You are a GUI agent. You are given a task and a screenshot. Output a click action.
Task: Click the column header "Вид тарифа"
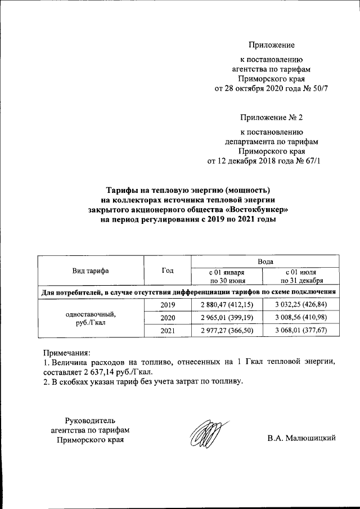coord(91,271)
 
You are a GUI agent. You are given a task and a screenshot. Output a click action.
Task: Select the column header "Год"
coord(167,271)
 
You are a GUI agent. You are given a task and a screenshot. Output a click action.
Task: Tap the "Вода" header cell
coord(265,262)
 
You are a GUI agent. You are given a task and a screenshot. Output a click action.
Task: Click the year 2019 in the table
coord(167,305)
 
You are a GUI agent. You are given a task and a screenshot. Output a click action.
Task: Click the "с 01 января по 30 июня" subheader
coord(227,276)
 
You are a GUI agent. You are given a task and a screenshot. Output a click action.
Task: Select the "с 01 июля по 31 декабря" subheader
coord(304,276)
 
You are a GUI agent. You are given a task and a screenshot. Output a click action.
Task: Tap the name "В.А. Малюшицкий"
coord(301,438)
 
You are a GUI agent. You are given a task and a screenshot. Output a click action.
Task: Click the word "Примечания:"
coord(67,353)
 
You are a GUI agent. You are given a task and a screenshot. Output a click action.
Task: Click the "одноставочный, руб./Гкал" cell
coord(91,318)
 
